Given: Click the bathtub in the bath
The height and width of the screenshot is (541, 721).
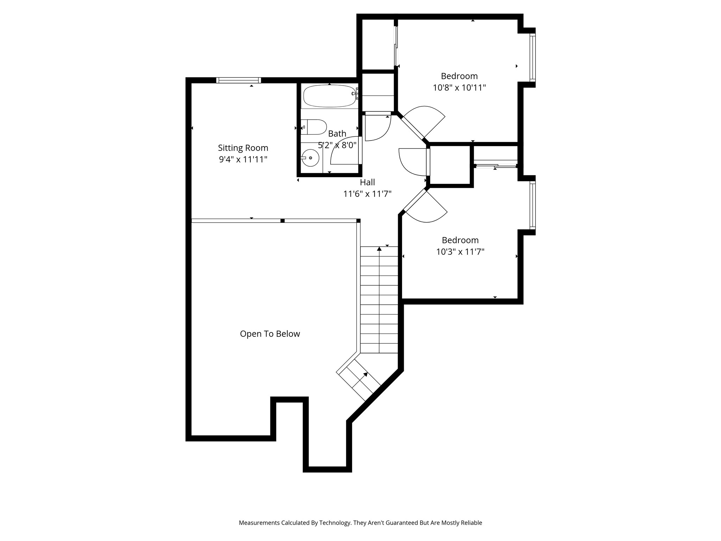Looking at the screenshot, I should point(329,96).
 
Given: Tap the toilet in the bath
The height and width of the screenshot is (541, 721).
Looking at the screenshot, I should point(314,127).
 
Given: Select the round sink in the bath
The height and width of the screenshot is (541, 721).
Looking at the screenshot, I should point(311,158).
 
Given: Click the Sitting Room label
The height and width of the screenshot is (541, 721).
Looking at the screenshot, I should point(243,148).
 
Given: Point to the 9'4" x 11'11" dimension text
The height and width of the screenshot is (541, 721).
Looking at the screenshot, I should point(243,160).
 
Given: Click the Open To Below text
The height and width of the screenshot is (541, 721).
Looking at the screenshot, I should point(270,334).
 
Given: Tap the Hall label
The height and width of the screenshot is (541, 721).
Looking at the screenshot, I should point(367,182).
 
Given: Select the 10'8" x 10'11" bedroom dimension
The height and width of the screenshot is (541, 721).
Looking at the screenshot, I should point(459,88).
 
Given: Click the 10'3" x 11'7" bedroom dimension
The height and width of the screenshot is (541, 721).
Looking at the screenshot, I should point(460,252).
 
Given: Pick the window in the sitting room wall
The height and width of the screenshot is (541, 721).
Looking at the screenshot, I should point(238,80).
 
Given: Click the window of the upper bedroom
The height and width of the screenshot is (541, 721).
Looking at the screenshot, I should point(533,57).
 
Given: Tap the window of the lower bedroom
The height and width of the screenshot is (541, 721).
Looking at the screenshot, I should point(533,205).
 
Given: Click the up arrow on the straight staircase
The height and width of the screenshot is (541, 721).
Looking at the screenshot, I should point(379,249).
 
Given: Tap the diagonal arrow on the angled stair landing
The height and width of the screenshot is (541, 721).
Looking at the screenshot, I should point(365,375).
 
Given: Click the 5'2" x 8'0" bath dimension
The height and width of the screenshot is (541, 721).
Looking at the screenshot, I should point(337,145).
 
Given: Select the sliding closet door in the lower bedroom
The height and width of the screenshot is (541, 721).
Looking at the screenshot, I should point(496,166).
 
